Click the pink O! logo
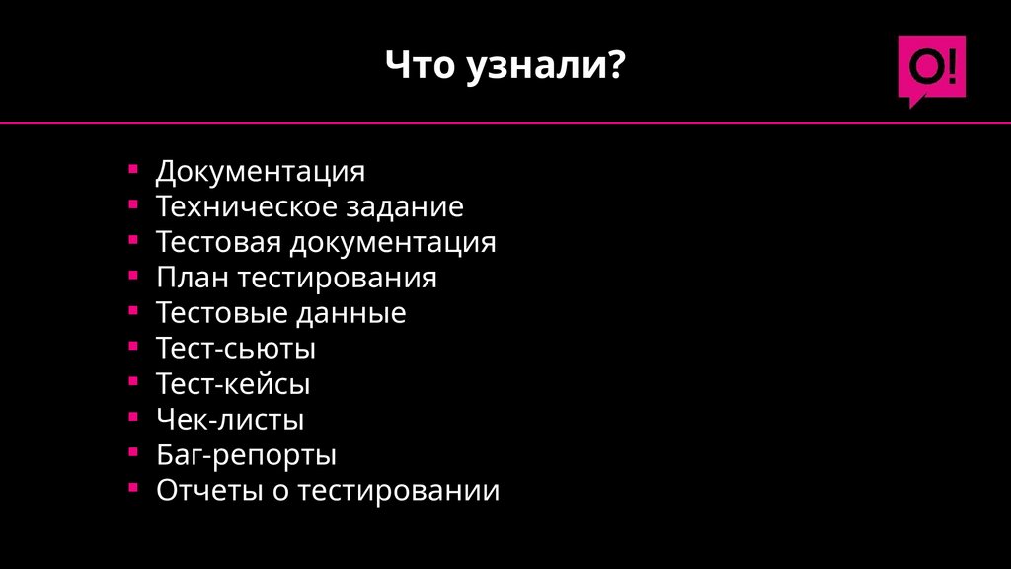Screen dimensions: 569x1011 (x=931, y=69)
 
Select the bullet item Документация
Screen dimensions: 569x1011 (x=260, y=172)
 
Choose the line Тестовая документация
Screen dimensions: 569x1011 (x=326, y=243)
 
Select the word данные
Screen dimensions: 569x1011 (x=350, y=314)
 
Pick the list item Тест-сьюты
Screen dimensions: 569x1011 (x=236, y=349)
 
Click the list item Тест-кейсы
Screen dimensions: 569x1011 (x=233, y=384)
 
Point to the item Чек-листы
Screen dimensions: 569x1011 (x=230, y=420)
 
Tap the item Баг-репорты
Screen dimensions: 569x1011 (x=246, y=455)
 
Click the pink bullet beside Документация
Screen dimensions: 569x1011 (x=133, y=169)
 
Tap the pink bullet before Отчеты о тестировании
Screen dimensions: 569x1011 (x=133, y=488)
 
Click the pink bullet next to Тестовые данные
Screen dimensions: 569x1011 (x=133, y=311)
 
